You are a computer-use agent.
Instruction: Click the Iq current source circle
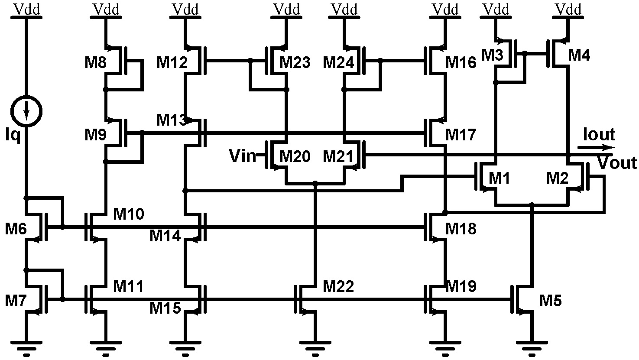27,110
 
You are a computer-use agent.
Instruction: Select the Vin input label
243,156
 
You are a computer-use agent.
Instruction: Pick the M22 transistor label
338,286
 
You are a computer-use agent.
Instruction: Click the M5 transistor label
550,300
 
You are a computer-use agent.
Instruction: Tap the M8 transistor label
96,63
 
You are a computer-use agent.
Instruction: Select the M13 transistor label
172,120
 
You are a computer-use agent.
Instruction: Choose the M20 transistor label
295,156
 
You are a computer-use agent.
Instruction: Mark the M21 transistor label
338,156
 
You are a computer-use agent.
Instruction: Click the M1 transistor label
500,178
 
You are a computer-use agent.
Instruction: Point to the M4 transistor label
579,55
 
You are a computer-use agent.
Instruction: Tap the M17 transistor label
461,135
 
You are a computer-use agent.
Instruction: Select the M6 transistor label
16,228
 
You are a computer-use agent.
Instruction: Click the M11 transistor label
129,286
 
